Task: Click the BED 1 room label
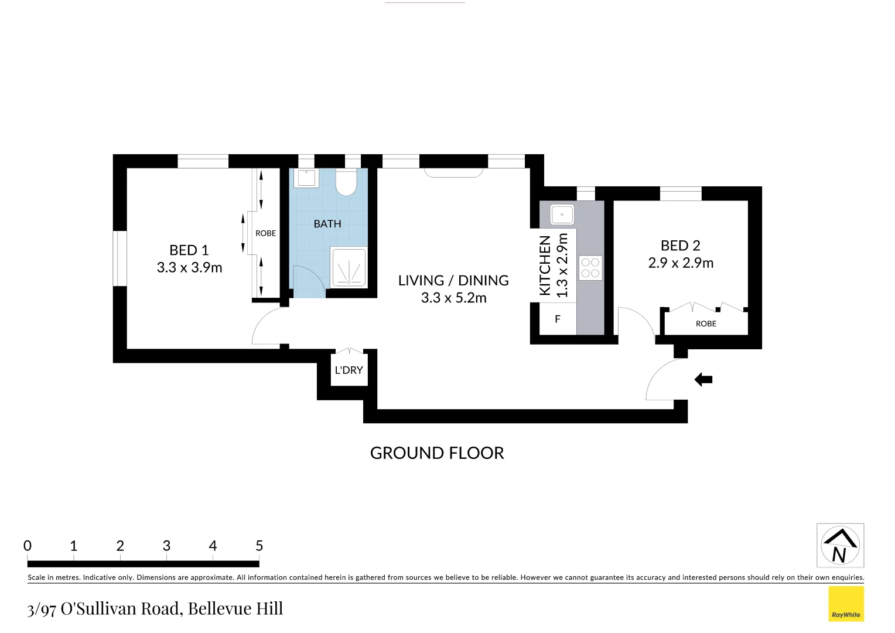pos(189,250)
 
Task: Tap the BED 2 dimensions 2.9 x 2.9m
pos(681,263)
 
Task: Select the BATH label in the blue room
pos(327,224)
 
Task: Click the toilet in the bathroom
pos(346,182)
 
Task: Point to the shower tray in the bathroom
pos(349,267)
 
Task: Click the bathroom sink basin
pos(306,178)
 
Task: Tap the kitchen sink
pos(562,215)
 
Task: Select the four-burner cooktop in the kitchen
pos(590,268)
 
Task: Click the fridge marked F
pos(558,319)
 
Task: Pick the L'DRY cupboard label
pos(349,370)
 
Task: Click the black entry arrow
pos(703,380)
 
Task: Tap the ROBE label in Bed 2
pos(706,324)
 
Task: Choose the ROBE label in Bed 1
pos(265,233)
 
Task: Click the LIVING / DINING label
pos(453,281)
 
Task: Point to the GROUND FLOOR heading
pos(437,453)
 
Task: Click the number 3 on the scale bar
pos(166,546)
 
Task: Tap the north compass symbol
pos(840,545)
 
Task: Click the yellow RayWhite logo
pos(846,604)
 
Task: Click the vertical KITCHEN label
pos(545,266)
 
